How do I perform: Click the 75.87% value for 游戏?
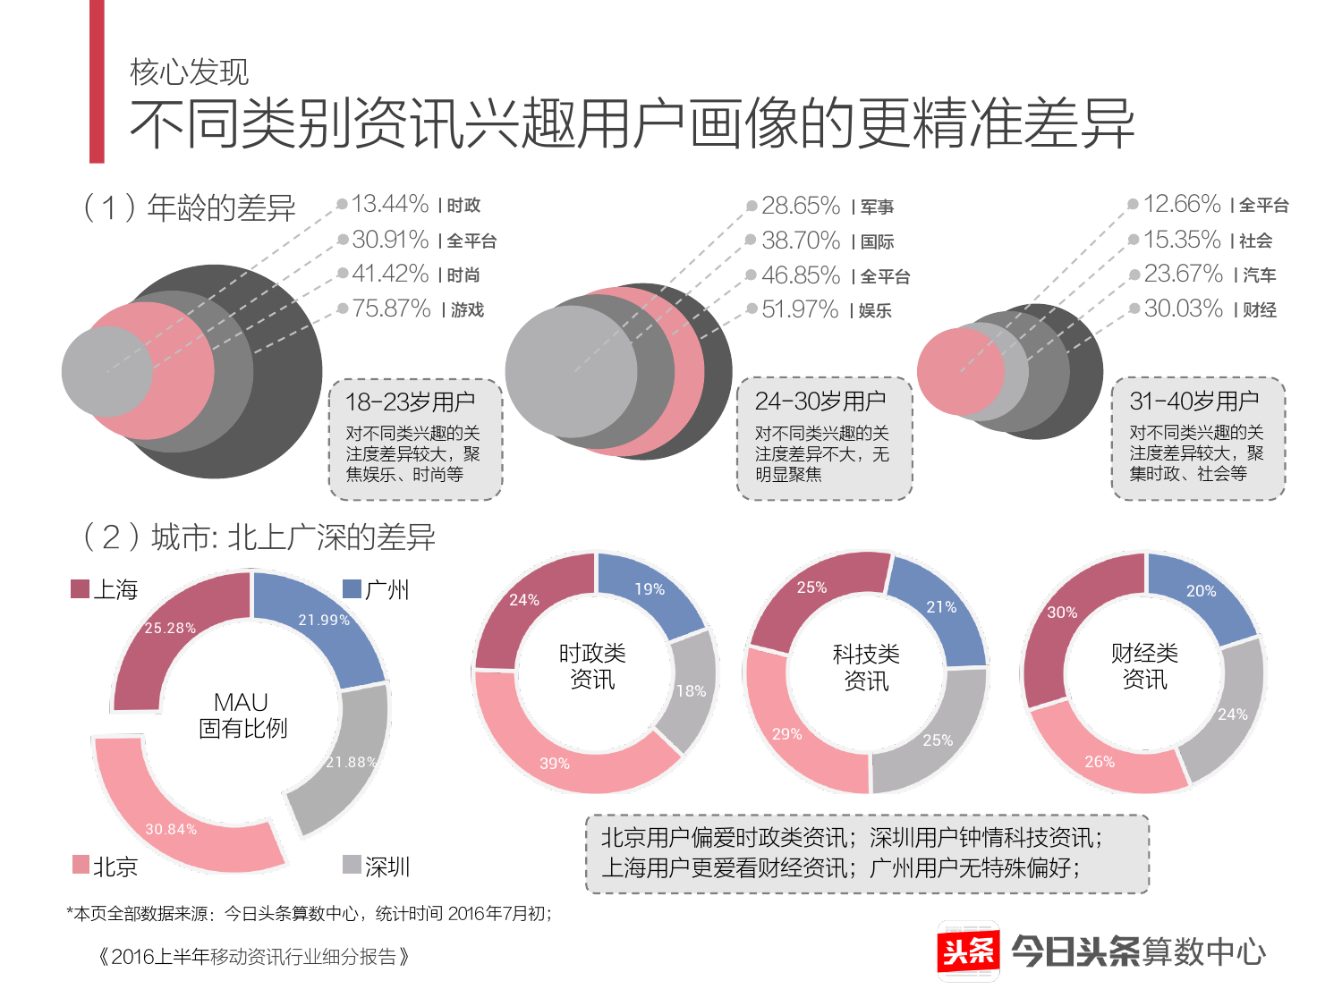[391, 309]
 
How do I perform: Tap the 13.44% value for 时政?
[390, 204]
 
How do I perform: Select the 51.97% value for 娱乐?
[800, 309]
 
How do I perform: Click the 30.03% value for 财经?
[1183, 309]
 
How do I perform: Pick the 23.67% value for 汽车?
[1183, 274]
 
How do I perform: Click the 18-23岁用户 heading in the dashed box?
[411, 402]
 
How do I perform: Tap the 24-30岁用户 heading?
[820, 402]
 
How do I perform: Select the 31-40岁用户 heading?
[1193, 401]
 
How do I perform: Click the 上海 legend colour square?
[81, 588]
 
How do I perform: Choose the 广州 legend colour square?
[352, 588]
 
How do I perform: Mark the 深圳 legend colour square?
[352, 865]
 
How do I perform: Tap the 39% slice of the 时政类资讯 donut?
[564, 760]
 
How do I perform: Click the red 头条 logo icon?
[969, 951]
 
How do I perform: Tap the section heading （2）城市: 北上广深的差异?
[259, 537]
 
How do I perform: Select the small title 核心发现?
[189, 72]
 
